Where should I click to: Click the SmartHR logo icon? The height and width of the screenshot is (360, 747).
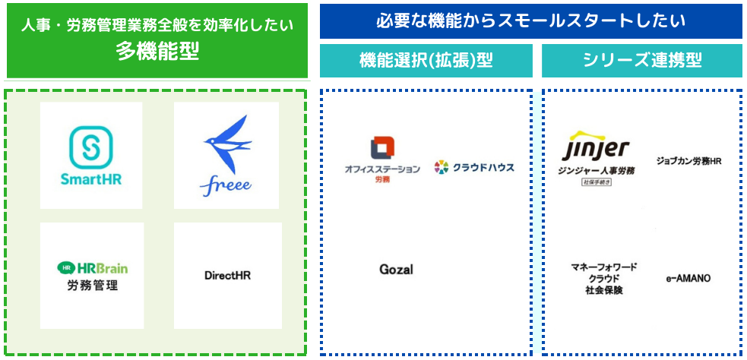91,147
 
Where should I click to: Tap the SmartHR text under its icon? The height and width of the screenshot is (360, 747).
91,179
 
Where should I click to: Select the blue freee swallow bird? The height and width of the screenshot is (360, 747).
227,144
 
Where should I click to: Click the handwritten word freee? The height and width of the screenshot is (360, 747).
226,185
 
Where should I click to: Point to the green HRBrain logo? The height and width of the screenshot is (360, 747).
92,267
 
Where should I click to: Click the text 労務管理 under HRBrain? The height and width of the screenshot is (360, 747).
91,286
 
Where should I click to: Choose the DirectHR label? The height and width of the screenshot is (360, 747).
227,275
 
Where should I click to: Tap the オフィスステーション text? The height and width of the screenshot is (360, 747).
382,169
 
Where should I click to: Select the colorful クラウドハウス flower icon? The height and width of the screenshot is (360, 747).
441,167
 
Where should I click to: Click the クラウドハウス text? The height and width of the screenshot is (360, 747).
483,167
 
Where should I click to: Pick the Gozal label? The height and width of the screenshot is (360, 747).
396,269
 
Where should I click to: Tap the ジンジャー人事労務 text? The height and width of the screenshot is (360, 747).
597,171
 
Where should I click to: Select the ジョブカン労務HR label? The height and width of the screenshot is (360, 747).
688,161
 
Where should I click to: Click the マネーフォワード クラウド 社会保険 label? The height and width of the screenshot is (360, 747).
604,278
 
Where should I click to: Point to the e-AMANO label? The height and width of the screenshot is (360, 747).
688,279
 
